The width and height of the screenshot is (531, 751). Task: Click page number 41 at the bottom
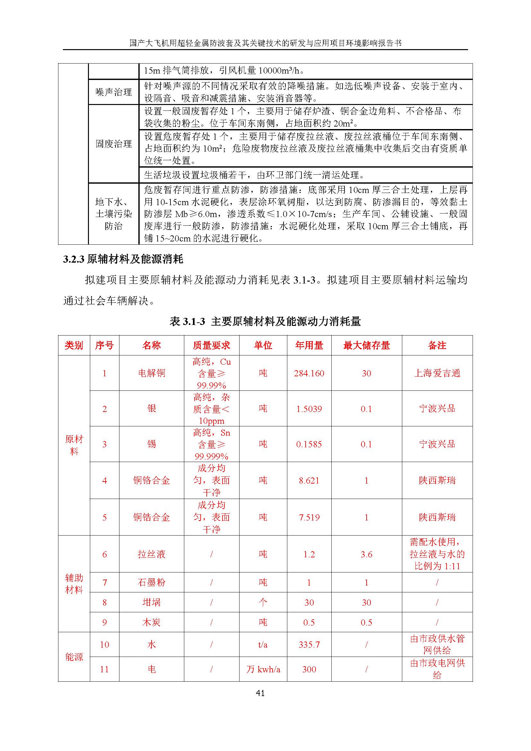260,693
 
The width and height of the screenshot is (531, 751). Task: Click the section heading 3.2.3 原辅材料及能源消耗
123,259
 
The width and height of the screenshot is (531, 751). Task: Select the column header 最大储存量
366,345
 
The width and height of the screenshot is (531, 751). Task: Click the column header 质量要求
211,345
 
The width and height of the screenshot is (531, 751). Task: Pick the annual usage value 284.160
309,373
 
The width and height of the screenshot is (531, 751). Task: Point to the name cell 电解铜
152,373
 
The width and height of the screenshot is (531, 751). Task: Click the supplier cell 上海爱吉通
437,373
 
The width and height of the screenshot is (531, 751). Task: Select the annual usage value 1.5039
309,409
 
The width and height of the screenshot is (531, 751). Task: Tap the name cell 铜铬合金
152,481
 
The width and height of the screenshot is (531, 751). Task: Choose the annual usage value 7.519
309,518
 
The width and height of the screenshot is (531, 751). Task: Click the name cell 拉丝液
152,554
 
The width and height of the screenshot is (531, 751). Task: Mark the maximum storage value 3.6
366,554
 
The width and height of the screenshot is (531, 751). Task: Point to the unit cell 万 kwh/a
263,669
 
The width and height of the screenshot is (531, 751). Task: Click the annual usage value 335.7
309,645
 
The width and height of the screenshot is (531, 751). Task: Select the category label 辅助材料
74,583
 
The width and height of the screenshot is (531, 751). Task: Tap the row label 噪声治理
113,92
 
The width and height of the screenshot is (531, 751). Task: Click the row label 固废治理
113,144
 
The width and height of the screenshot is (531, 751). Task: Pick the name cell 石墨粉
152,582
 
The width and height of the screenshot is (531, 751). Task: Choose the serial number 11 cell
104,669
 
